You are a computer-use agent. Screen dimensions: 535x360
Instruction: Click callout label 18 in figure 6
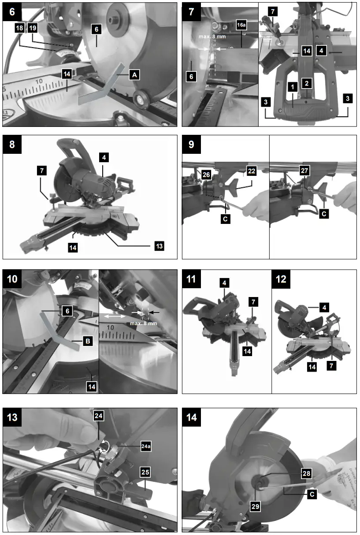[20, 28]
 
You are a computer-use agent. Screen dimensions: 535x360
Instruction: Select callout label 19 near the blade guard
[33, 28]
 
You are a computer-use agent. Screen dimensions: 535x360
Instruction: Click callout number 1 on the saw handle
[292, 87]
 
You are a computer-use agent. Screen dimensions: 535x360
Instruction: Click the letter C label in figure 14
[311, 494]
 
